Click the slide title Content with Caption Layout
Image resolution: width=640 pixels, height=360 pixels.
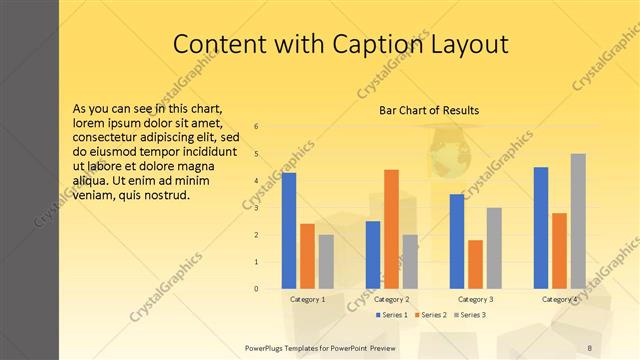[x=340, y=44]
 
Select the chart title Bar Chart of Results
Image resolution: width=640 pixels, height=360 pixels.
[x=428, y=110]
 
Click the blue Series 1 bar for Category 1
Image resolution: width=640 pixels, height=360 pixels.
[x=289, y=231]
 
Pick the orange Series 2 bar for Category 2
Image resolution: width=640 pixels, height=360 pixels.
[x=391, y=229]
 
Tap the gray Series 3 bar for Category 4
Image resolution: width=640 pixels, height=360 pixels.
[x=578, y=221]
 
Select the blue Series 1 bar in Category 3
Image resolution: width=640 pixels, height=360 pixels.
[x=457, y=241]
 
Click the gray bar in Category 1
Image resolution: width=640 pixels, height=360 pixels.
[x=326, y=262]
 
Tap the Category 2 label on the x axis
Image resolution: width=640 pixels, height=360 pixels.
[x=391, y=299]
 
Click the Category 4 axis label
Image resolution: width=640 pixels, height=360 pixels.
[x=559, y=299]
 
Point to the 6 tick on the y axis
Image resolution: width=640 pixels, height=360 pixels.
[x=257, y=127]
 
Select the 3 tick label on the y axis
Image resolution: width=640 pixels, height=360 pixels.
[x=257, y=208]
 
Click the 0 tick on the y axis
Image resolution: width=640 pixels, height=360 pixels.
[x=257, y=289]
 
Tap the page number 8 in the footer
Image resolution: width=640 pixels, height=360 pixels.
[x=589, y=347]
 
